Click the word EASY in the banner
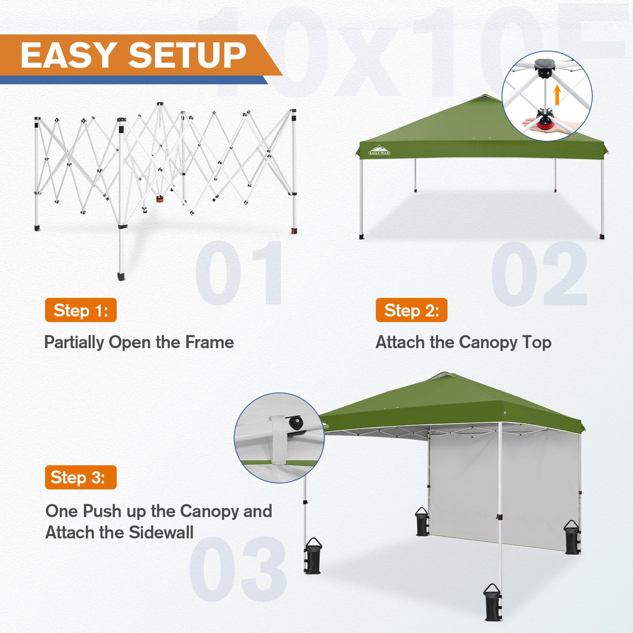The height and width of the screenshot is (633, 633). [x=69, y=55]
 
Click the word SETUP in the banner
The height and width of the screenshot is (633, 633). [x=187, y=55]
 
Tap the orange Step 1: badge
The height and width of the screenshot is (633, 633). [x=81, y=310]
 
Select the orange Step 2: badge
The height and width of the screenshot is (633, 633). [x=411, y=310]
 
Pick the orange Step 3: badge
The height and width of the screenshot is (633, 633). [x=81, y=477]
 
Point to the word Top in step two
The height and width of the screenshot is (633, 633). [x=537, y=342]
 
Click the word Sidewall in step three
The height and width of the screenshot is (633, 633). [x=161, y=532]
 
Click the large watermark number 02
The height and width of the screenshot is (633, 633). [x=539, y=274]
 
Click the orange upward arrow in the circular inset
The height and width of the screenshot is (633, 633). [x=557, y=95]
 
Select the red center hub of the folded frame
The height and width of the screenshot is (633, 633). [x=160, y=199]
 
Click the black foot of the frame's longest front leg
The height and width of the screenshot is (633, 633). [x=121, y=275]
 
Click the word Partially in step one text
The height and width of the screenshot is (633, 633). [x=75, y=342]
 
